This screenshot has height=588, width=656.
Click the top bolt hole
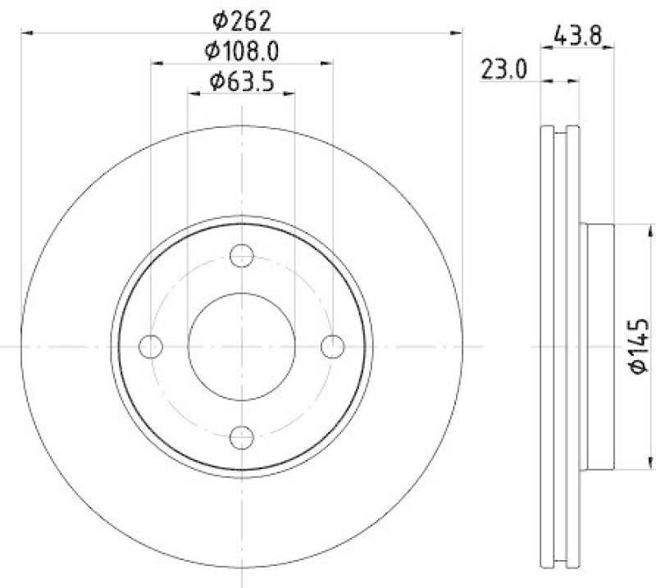241,256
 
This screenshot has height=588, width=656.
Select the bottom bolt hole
241,437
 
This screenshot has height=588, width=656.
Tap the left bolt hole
150,347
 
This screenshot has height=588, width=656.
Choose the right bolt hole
332,347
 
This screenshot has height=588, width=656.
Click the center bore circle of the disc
241,347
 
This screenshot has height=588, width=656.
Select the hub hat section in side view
597,347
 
